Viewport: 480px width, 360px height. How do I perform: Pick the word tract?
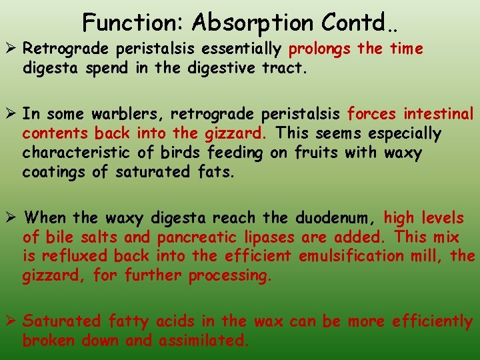click(286, 68)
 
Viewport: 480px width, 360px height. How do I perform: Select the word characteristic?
click(87, 153)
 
